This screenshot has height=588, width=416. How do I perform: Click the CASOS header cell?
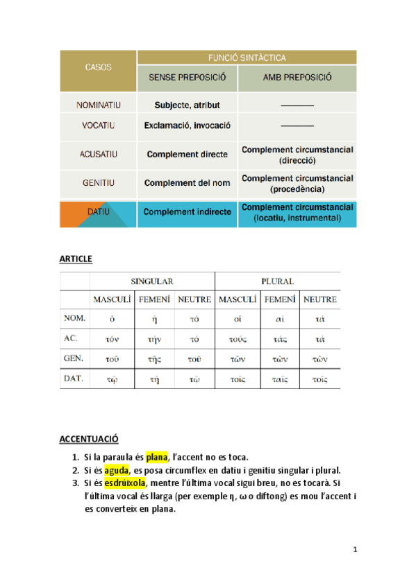coord(99,69)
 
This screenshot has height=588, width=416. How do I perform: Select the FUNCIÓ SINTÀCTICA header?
coord(247,58)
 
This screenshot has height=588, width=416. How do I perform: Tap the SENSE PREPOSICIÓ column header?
coord(188,78)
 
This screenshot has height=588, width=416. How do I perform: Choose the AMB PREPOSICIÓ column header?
coord(297,78)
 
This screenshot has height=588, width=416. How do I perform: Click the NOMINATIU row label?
coord(99,105)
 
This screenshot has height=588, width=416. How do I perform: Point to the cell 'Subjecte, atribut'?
coord(188,105)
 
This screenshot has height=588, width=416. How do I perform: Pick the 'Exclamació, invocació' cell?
coord(188,126)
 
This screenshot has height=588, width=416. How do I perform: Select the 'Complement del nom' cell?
coord(188,183)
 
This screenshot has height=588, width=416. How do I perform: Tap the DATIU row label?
coord(99,211)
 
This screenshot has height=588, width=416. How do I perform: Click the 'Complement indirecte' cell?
coord(188,211)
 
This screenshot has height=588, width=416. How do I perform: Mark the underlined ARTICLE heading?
coord(76,259)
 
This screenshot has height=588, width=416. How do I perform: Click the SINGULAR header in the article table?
coord(152,282)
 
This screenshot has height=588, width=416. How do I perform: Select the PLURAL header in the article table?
coord(277,282)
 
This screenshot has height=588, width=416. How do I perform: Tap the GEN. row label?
coord(74,358)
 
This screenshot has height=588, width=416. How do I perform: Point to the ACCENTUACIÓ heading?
coord(89,439)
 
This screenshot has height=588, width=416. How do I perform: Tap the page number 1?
coord(355,550)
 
